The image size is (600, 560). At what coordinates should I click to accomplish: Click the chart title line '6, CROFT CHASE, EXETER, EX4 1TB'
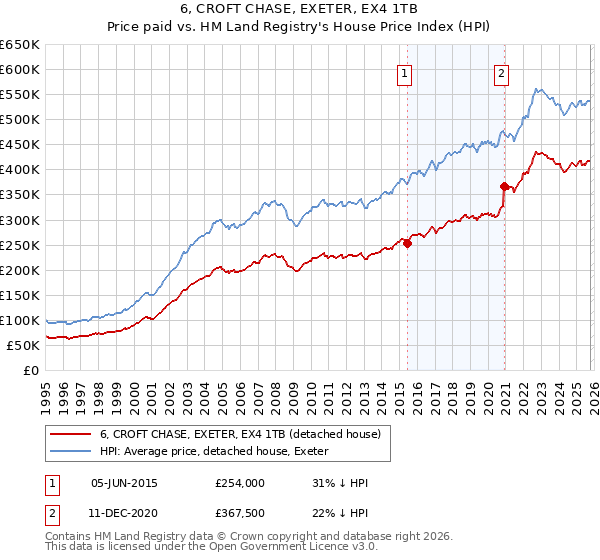[x=300, y=8]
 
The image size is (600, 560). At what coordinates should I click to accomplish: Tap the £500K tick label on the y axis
[x=20, y=119]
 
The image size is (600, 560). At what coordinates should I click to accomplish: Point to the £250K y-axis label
[x=20, y=245]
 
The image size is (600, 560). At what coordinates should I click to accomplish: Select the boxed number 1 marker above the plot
[x=404, y=72]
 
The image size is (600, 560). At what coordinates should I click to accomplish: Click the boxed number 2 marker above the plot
[x=501, y=72]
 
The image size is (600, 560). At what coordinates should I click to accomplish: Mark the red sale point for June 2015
[x=407, y=242]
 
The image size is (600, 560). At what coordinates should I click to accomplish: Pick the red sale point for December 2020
[x=504, y=185]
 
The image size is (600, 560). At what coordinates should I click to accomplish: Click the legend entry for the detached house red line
[x=240, y=435]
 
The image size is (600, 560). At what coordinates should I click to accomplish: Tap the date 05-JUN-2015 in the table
[x=124, y=483]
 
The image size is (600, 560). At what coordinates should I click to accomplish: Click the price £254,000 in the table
[x=239, y=483]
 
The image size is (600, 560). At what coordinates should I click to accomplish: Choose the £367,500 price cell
[x=239, y=514]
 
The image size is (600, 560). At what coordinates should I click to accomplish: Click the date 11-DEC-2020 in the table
[x=124, y=514]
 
